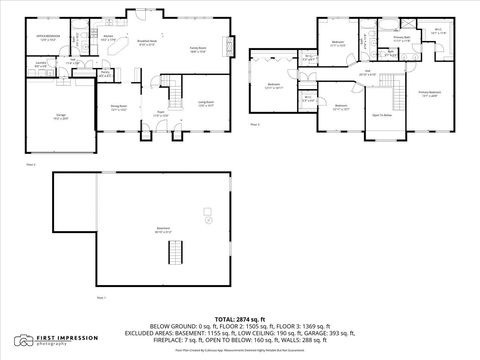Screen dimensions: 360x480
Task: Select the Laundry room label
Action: coord(41,66)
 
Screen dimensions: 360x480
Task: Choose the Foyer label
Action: coord(159,115)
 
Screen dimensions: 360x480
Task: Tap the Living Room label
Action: coord(207,104)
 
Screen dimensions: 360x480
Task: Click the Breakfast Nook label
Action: coord(147,44)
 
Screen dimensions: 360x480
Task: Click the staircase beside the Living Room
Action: coord(178,95)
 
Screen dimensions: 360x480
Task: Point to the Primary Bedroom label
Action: coord(429,94)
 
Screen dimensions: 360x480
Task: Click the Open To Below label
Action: coord(381,115)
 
